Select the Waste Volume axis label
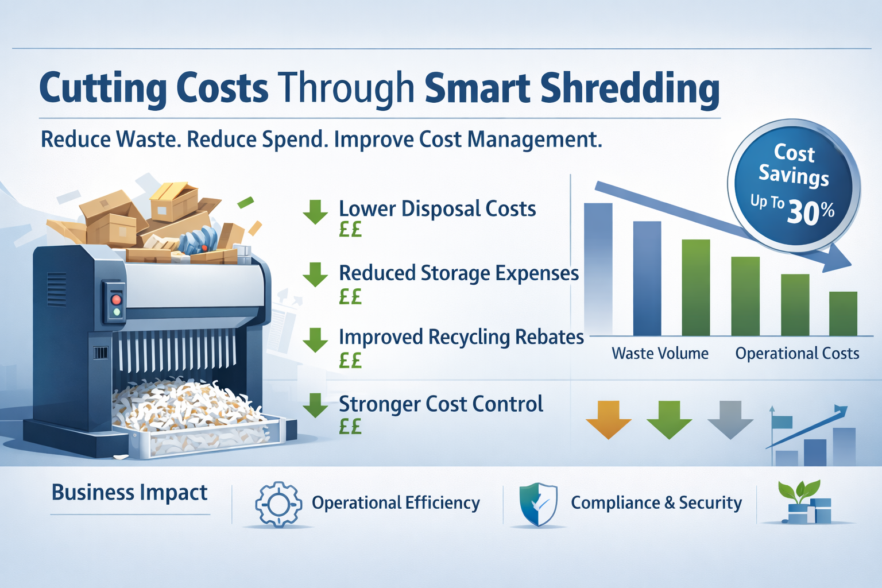660,353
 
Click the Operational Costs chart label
797,353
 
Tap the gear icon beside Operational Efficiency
278,504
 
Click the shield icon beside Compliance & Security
538,504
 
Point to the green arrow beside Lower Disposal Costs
315,212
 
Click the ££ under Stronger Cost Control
350,427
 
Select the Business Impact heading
129,493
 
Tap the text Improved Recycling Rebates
461,337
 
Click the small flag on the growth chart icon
782,422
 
